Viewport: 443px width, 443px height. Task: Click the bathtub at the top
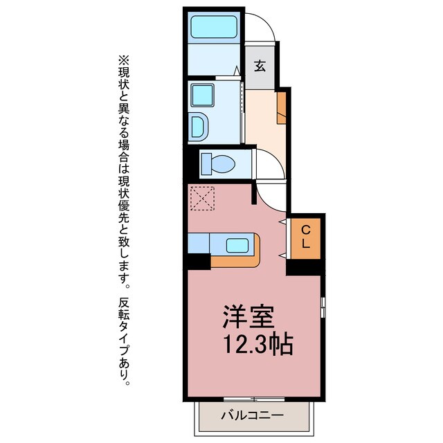(214, 28)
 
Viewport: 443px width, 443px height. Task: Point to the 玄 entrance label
(260, 67)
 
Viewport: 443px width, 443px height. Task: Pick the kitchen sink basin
(237, 245)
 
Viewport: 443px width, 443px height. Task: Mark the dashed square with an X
(202, 199)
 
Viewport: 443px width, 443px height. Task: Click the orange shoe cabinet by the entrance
(281, 107)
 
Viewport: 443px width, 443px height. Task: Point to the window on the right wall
(323, 305)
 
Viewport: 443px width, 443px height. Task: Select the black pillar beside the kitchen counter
(199, 262)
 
